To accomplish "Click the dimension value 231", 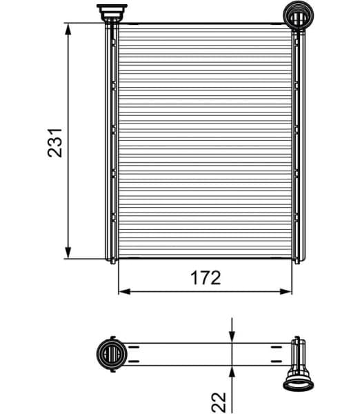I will tap(57, 141).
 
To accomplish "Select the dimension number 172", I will tap(205, 278).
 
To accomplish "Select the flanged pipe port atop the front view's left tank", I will tap(109, 12).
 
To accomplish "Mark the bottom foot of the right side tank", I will tap(297, 260).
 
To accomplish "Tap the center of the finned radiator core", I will tap(205, 141).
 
